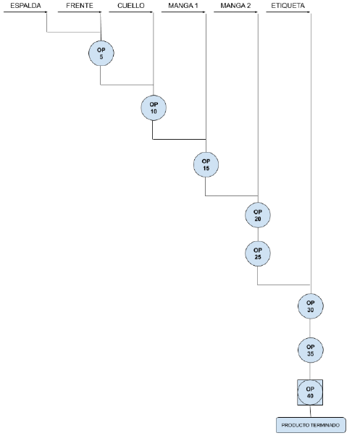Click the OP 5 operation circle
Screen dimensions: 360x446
101,53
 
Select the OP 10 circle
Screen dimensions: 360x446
154,108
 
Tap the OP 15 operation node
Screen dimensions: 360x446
206,164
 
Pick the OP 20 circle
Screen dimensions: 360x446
258,215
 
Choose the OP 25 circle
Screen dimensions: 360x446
258,253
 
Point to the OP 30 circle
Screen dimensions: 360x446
310,306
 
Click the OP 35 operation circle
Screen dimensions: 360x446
310,350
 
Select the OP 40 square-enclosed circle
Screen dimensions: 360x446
310,392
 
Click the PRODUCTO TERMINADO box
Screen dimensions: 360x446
311,425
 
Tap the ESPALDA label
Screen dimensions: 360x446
25,5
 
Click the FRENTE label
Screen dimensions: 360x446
80,5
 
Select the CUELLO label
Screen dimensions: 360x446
131,5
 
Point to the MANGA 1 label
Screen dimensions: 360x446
183,5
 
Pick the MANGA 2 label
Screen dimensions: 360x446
235,5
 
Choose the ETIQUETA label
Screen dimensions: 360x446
288,5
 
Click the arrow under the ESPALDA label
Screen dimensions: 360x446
25,12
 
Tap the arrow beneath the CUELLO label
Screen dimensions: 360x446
131,12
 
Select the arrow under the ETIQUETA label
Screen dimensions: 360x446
288,12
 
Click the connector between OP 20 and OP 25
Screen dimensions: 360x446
258,235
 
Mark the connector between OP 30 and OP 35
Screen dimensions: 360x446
310,328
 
